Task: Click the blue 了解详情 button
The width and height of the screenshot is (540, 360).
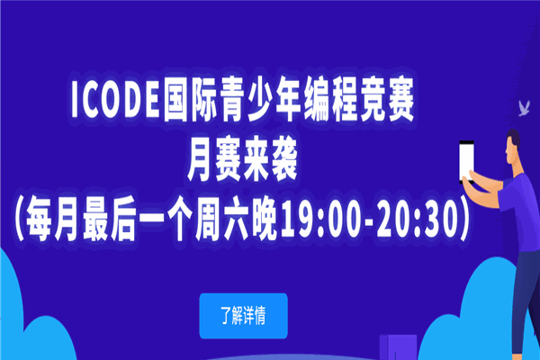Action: click(244, 316)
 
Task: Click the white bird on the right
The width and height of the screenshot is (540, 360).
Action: click(524, 108)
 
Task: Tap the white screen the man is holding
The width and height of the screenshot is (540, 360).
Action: click(466, 161)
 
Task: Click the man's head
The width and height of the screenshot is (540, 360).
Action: click(513, 146)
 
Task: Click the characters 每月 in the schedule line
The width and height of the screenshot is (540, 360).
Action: click(51, 221)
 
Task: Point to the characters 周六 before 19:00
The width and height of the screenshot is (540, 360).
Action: click(223, 221)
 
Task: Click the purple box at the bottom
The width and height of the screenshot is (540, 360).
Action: click(398, 347)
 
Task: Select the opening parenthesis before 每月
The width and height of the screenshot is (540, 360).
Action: click(19, 221)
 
